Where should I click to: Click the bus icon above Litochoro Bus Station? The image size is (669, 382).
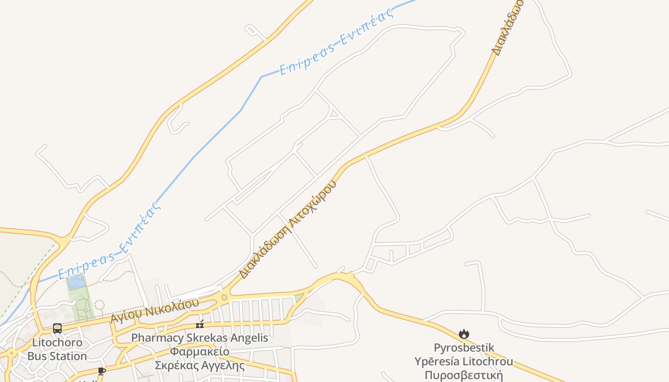[57, 329]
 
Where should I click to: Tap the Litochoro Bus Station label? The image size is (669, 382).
[57, 350]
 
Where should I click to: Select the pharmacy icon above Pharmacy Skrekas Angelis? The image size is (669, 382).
[200, 325]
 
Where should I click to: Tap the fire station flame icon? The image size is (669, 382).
[464, 334]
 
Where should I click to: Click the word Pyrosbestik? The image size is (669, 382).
[464, 348]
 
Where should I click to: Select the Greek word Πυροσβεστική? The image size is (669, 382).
[464, 375]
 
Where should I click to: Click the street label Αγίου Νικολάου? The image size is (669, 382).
[154, 311]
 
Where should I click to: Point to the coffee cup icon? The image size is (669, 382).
[101, 371]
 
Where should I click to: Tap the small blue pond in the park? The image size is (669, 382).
[76, 282]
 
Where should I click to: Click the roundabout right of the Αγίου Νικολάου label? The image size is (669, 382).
[224, 297]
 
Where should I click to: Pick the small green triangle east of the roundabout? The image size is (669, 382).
[299, 298]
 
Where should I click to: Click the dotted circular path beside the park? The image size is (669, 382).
[99, 305]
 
